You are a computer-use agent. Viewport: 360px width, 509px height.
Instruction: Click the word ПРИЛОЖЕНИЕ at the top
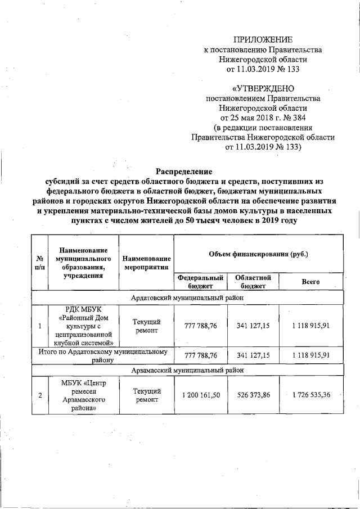coord(263,39)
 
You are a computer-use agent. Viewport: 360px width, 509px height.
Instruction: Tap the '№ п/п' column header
coord(40,263)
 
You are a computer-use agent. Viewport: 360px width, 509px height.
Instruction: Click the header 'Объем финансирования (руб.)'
coord(258,255)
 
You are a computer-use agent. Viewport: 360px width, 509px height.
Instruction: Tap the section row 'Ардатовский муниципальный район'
coord(187,298)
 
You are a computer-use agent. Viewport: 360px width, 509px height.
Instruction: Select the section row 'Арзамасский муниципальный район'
coord(187,371)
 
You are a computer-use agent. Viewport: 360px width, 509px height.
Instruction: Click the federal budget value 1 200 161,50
coord(201,395)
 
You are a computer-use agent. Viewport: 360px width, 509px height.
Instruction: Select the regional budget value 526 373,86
coord(254,395)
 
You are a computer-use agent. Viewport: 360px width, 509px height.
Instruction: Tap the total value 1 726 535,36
coord(310,395)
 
